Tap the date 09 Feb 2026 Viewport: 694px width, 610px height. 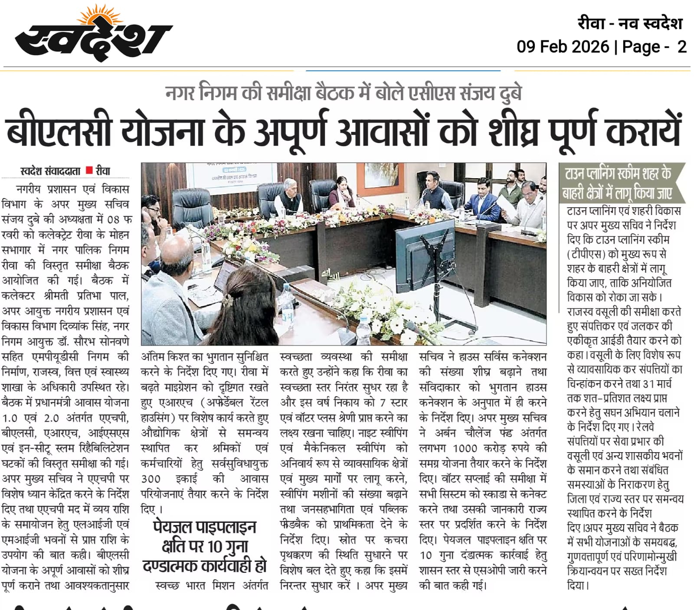pyautogui.click(x=563, y=47)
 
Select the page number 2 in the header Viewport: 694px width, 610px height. pyautogui.click(x=681, y=47)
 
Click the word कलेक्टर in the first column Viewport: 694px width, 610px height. pyautogui.click(x=19, y=296)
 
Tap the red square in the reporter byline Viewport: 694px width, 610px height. pyautogui.click(x=89, y=170)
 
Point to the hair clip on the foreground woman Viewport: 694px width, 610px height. pyautogui.click(x=227, y=300)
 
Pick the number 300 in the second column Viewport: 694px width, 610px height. pyautogui.click(x=151, y=479)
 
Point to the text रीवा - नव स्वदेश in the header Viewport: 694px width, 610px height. pyautogui.click(x=630, y=23)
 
